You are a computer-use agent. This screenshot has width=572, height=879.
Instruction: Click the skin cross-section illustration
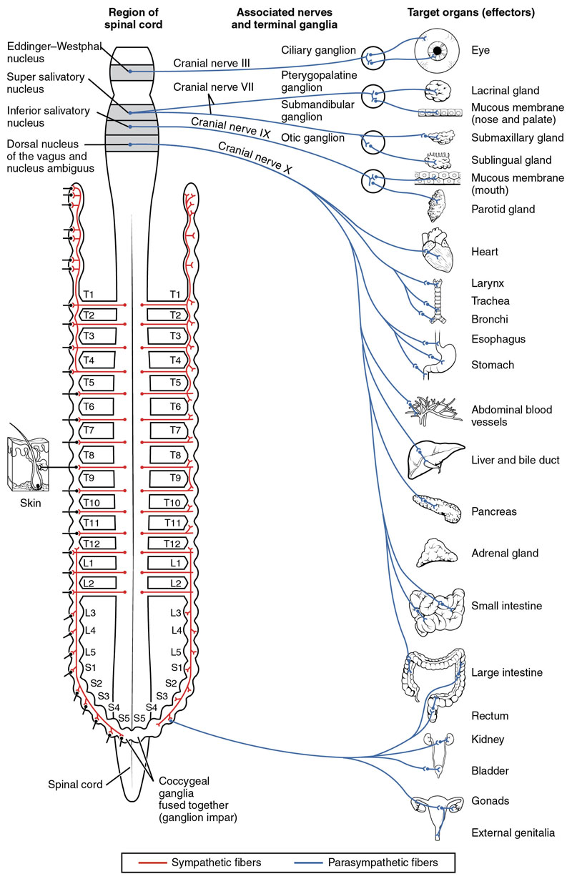(x=25, y=465)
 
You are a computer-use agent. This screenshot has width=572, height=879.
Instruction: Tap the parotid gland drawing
(x=434, y=208)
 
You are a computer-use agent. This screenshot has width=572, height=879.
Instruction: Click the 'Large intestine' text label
(x=506, y=673)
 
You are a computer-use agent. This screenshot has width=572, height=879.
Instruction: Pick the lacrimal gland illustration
(x=436, y=90)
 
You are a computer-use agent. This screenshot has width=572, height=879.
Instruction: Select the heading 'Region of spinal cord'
(x=133, y=18)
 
